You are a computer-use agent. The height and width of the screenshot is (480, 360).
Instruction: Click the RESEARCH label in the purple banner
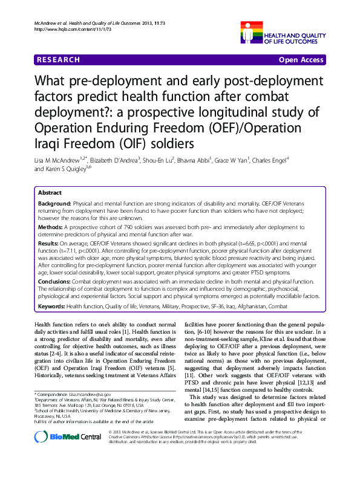(x=58, y=60)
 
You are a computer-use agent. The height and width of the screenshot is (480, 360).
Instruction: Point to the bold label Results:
(x=49, y=244)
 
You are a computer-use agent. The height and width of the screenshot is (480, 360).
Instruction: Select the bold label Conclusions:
(x=56, y=281)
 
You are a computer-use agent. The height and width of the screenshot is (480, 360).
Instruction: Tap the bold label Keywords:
(x=52, y=306)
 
